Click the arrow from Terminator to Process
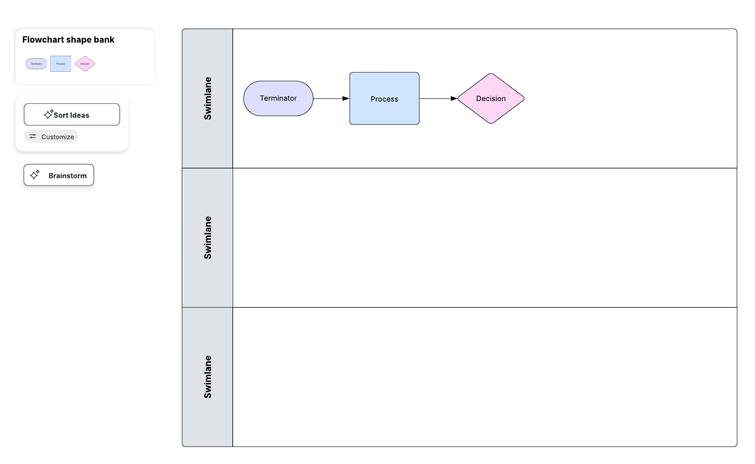331,99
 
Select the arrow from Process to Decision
438,99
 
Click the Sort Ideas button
72,115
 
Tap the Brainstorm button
59,175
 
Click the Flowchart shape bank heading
68,40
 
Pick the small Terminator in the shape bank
36,64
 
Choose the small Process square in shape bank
60,64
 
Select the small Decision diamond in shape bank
85,64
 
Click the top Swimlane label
207,98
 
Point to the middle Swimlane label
207,238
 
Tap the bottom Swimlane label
207,377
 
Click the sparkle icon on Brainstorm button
35,175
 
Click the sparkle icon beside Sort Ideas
48,114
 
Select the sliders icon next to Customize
33,137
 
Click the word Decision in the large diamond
491,99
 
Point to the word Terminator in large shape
278,98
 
